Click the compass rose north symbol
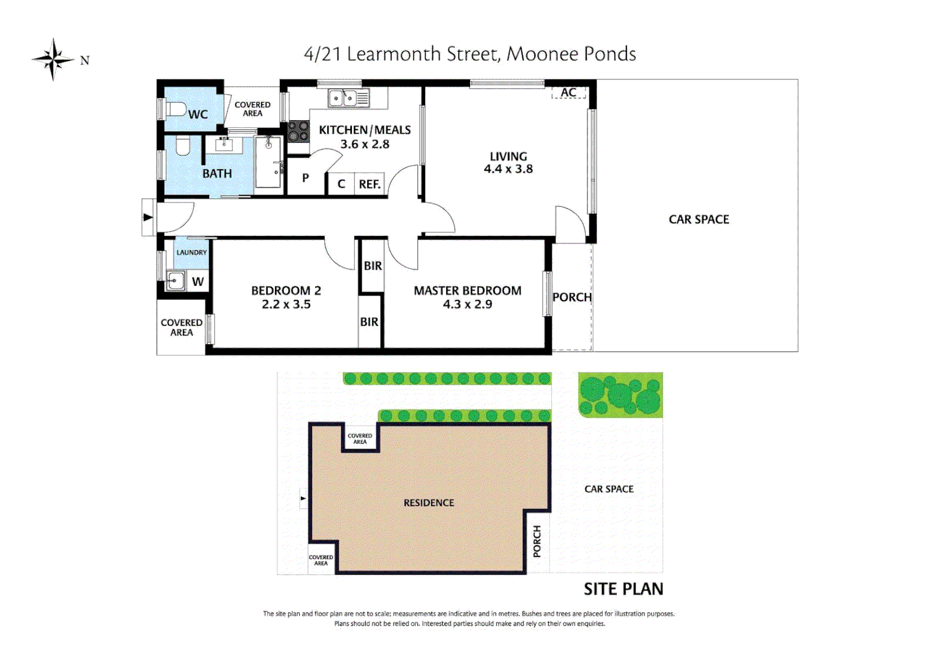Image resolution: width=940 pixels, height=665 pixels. pyautogui.click(x=54, y=60)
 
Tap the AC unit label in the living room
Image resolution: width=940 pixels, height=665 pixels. pyautogui.click(x=568, y=93)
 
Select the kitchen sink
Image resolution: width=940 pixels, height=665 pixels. pyautogui.click(x=348, y=98)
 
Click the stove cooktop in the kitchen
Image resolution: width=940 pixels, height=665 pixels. pyautogui.click(x=298, y=132)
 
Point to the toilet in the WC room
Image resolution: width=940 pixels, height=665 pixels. pyautogui.click(x=177, y=110)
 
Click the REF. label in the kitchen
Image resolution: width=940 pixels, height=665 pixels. pyautogui.click(x=370, y=184)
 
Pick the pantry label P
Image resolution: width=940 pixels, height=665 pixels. pyautogui.click(x=305, y=178)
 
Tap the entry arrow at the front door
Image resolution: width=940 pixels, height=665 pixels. pyautogui.click(x=148, y=217)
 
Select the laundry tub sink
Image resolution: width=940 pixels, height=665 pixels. pyautogui.click(x=175, y=281)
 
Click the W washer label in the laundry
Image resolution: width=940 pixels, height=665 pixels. pyautogui.click(x=197, y=281)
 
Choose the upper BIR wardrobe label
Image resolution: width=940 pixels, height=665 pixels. pyautogui.click(x=372, y=266)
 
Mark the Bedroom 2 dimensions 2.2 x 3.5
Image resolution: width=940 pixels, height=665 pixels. pyautogui.click(x=286, y=304)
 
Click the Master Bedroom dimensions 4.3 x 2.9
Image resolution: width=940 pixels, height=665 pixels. pyautogui.click(x=467, y=304)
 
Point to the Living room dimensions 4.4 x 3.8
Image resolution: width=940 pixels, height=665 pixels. pyautogui.click(x=508, y=169)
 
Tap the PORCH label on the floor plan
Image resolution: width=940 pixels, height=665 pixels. pyautogui.click(x=572, y=297)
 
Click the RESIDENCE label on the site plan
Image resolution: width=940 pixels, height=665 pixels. pyautogui.click(x=429, y=503)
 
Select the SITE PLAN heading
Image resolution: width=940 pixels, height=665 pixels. pyautogui.click(x=623, y=589)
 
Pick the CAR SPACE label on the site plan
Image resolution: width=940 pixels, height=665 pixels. pyautogui.click(x=608, y=489)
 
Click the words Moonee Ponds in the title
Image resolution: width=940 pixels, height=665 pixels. pyautogui.click(x=571, y=54)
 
